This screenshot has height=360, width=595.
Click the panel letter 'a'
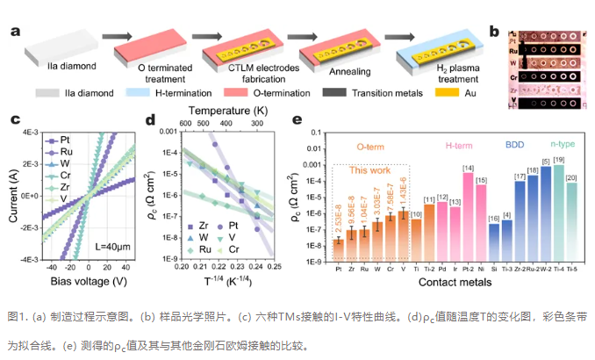[x=16, y=32]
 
